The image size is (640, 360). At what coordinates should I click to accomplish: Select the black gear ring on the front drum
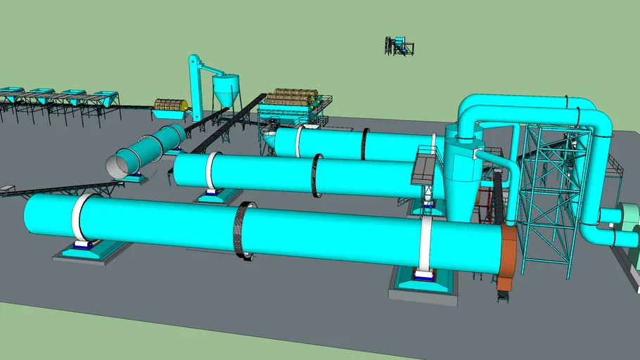(243, 231)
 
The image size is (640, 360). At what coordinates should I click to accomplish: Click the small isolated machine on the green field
(399, 46)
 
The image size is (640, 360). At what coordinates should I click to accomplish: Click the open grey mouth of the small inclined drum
(117, 167)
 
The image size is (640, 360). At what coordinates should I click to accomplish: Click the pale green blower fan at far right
(628, 225)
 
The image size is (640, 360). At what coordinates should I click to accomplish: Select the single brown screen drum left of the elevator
(170, 105)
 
